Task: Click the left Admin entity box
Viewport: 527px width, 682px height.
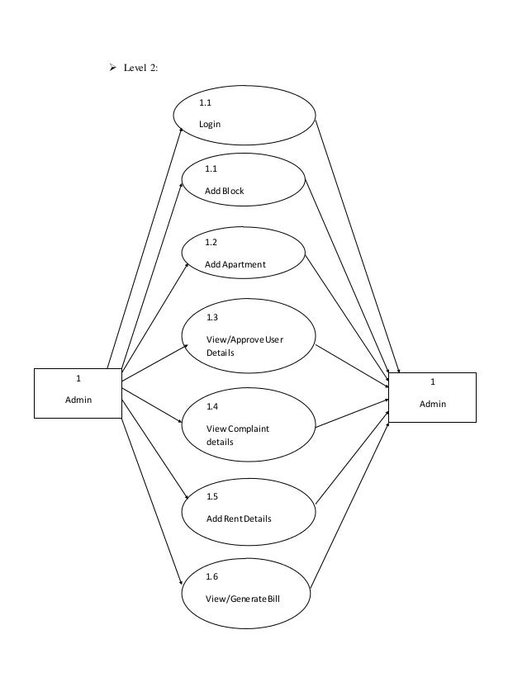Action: point(78,393)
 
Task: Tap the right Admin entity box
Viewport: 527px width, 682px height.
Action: point(432,397)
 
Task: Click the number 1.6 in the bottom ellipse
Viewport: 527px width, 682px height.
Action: point(212,577)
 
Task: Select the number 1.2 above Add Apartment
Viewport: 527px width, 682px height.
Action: point(211,243)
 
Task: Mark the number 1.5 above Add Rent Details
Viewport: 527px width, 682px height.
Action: point(212,497)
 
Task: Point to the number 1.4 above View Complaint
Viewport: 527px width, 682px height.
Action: point(212,407)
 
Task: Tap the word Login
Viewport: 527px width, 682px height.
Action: point(211,125)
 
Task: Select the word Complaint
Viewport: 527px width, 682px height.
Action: point(249,429)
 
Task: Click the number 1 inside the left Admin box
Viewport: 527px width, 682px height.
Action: point(78,379)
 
